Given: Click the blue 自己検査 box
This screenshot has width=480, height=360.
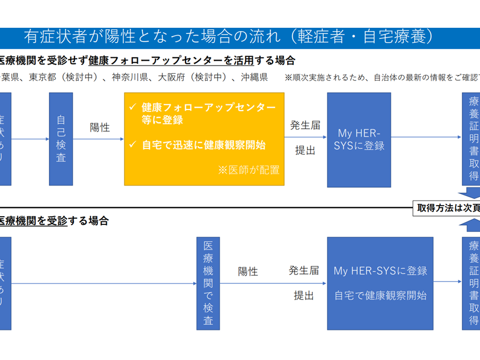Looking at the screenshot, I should [61, 139].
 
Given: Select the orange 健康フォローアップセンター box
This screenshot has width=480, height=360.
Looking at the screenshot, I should [204, 139].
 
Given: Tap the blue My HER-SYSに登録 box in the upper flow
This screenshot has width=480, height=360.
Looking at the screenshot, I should [359, 139].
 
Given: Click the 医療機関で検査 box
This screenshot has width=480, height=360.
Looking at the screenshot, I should [208, 283].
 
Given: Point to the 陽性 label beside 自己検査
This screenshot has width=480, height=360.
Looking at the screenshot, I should [100, 127].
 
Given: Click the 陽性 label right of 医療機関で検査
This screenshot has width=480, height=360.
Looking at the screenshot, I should [248, 271].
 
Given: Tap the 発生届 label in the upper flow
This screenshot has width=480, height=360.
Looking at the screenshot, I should [305, 126].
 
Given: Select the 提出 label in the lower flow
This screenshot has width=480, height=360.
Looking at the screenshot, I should [304, 296].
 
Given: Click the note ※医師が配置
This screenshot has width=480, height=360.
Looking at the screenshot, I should [248, 170].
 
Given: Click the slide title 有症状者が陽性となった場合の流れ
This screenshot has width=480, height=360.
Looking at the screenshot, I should [228, 37].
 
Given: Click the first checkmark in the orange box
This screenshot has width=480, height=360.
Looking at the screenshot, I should [132, 107].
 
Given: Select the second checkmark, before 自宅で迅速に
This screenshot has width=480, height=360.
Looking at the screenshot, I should [132, 144].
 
